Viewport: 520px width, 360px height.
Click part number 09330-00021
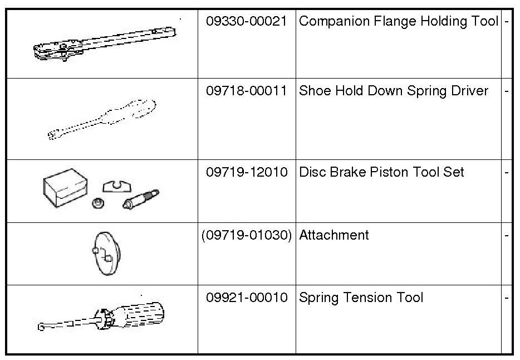247,22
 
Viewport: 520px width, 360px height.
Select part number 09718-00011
247,91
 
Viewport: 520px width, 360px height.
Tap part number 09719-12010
247,172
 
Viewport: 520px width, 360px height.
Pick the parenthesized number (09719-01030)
247,235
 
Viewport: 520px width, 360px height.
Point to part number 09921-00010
247,298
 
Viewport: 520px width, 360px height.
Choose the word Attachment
334,235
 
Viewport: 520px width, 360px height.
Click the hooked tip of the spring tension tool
42,327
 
